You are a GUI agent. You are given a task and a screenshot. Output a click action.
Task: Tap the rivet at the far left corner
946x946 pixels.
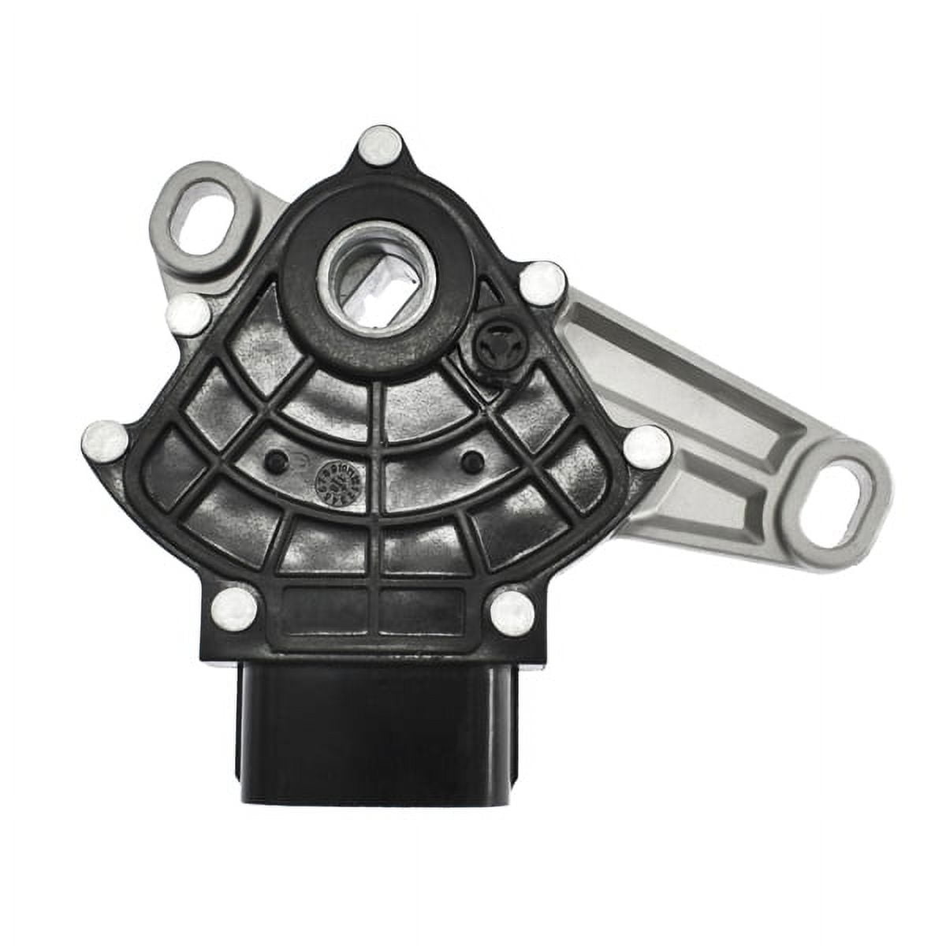(105, 440)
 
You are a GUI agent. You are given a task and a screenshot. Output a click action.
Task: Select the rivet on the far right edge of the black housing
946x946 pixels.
(646, 446)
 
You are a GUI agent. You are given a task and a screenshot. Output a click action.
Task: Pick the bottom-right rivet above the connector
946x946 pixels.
(512, 609)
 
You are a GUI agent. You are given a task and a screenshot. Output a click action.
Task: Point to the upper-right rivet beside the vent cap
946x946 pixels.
(543, 282)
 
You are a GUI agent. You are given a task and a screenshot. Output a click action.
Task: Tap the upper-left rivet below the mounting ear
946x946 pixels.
(190, 314)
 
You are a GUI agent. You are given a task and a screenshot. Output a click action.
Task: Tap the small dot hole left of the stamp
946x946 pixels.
(275, 460)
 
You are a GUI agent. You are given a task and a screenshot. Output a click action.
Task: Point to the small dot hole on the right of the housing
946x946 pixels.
(471, 460)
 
